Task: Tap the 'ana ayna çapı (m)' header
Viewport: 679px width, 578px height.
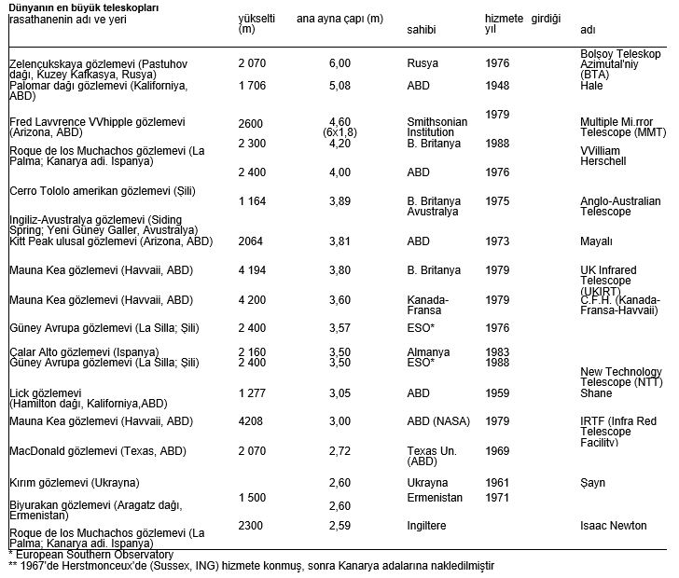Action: coord(339,19)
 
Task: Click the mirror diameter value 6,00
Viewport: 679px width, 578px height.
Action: coord(339,63)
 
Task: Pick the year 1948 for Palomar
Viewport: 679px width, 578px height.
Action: coord(498,86)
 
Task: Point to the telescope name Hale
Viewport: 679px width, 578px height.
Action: coord(591,86)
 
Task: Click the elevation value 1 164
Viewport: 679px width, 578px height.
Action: coord(253,201)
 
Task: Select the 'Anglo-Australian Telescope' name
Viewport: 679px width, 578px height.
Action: coord(620,207)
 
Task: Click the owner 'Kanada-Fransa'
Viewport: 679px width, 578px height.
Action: coord(429,306)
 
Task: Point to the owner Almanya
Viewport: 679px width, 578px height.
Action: coord(429,352)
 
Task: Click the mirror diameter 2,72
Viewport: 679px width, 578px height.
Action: coord(339,451)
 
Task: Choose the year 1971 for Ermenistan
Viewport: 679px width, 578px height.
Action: coord(498,498)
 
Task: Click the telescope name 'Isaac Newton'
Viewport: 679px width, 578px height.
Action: coord(613,526)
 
